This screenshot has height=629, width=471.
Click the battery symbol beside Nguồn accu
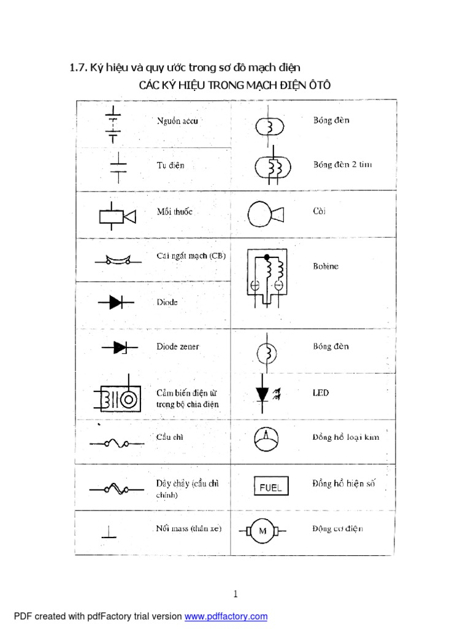pos(113,123)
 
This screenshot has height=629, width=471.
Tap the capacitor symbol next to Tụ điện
pos(117,166)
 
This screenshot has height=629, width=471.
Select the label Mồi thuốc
pos(174,211)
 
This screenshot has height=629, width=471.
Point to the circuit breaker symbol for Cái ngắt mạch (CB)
pos(117,260)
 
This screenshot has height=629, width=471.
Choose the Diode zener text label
pos(177,346)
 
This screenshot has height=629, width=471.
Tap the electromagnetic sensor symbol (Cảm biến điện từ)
pos(117,398)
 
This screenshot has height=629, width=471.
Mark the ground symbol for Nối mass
pos(109,531)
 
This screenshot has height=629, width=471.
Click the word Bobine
pos(325,267)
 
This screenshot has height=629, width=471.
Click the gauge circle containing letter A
pos(266,437)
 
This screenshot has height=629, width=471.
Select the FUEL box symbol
pos(270,487)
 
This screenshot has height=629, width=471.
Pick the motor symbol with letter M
pos(263,531)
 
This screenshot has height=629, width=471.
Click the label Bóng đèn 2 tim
pos(342,165)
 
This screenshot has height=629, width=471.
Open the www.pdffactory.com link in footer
pos(226,616)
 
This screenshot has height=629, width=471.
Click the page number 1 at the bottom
pos(235,593)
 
